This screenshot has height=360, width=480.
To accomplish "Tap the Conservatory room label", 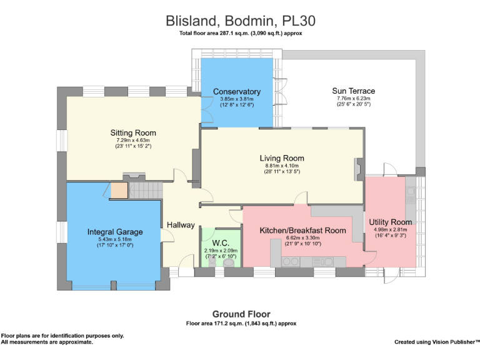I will click(236, 92).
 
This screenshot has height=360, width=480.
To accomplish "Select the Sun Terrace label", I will click(354, 91).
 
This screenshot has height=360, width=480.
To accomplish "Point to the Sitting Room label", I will click(133, 132).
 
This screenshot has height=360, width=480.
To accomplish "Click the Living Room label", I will click(282, 158).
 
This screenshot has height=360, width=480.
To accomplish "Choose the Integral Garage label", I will click(115, 232).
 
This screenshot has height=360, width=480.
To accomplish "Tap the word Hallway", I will click(181, 225).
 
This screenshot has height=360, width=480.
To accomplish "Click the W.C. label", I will click(221, 242).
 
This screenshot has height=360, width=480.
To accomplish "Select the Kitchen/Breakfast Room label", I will click(302, 230).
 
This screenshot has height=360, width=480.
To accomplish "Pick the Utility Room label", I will click(390, 222).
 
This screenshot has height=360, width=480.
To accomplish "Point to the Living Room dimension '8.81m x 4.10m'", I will click(282, 166).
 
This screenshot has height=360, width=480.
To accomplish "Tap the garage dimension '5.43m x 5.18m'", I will click(115, 239).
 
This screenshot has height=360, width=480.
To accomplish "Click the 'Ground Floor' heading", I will click(241, 314).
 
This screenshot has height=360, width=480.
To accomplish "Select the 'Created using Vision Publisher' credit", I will click(436, 342).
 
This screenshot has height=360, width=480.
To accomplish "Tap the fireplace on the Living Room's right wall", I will click(357, 170).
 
